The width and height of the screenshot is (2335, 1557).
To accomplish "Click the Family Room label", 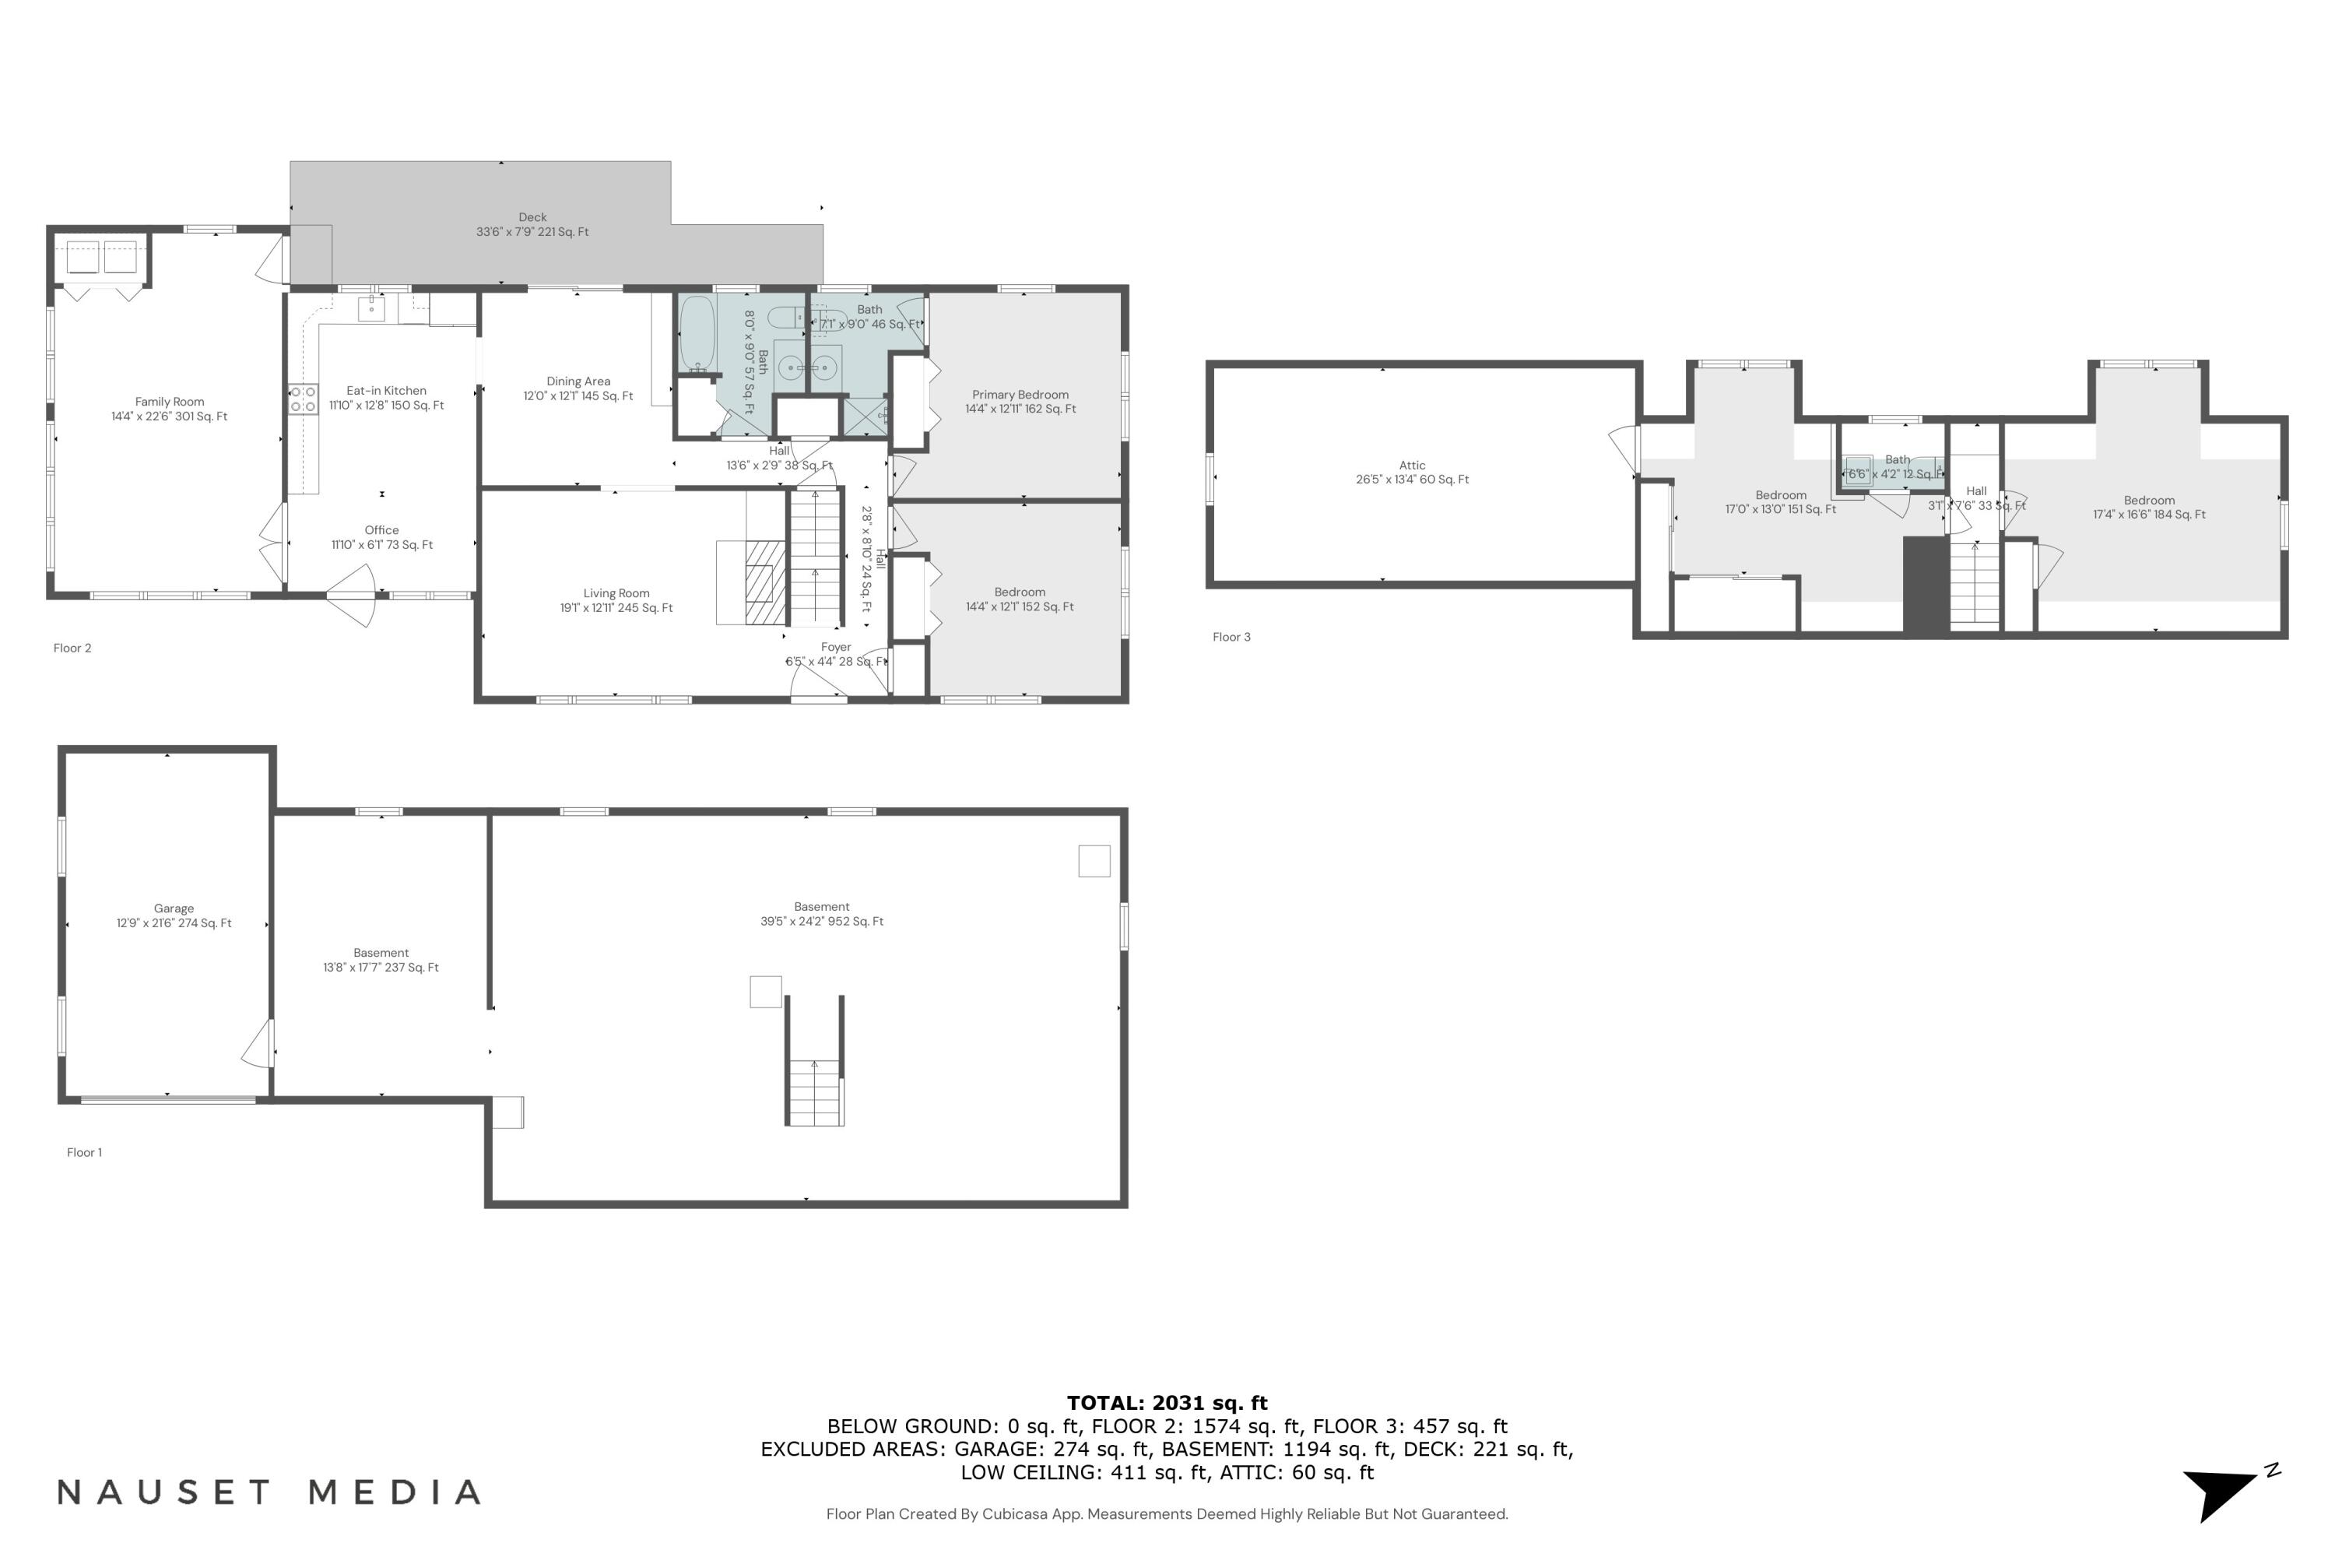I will [169, 402].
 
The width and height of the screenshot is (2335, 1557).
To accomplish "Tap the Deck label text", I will [532, 217].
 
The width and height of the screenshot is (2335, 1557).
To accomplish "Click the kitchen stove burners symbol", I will [303, 400].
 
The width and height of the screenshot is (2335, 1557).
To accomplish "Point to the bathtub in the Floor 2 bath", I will [697, 332].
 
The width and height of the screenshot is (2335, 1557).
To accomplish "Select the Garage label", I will [174, 909].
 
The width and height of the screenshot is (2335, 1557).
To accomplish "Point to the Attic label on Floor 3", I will [1412, 466].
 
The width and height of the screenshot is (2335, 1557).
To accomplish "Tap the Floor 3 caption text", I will [1231, 638].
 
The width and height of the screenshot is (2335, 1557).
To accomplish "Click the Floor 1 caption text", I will [84, 1153].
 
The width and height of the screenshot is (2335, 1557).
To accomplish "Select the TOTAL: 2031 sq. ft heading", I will [1167, 1403].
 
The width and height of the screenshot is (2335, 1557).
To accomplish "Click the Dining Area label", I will [578, 381].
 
